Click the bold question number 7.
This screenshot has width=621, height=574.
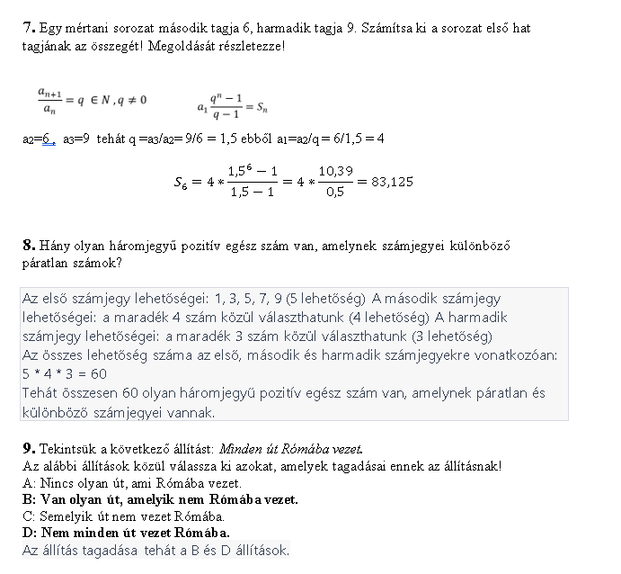26,29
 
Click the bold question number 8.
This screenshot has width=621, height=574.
26,245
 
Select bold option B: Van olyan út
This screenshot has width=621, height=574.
160,499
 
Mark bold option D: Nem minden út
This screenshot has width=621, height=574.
126,533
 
